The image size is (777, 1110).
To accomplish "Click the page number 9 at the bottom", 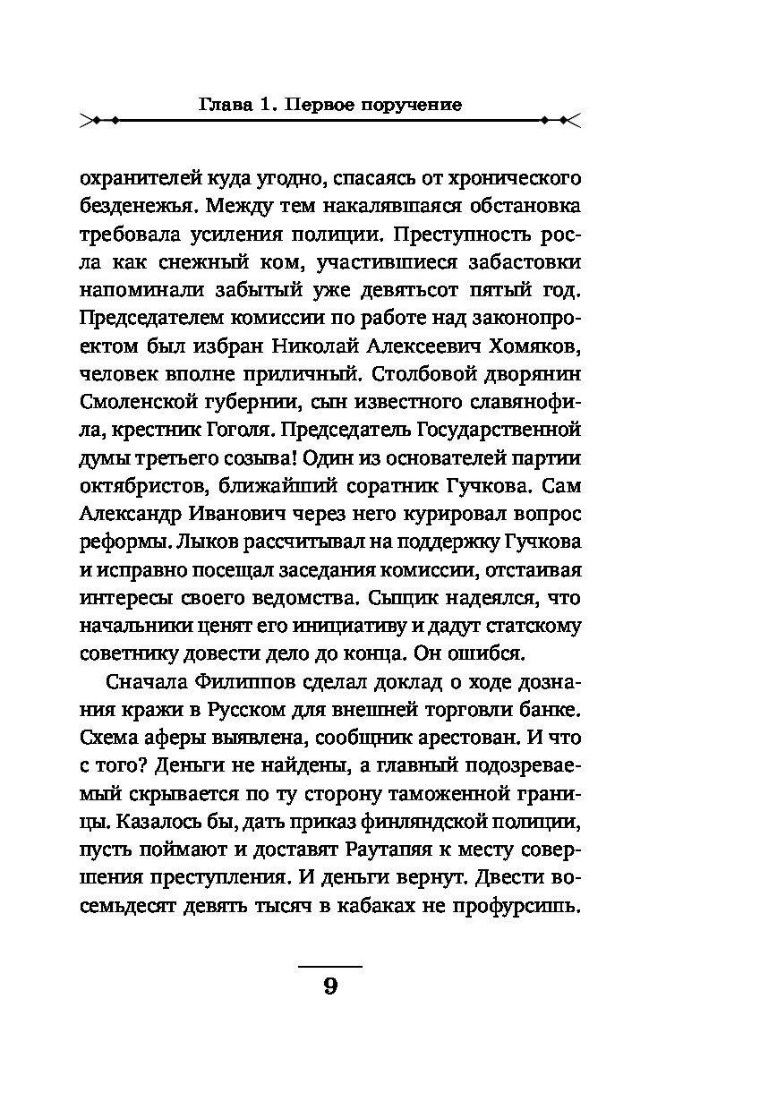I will click(329, 987).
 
